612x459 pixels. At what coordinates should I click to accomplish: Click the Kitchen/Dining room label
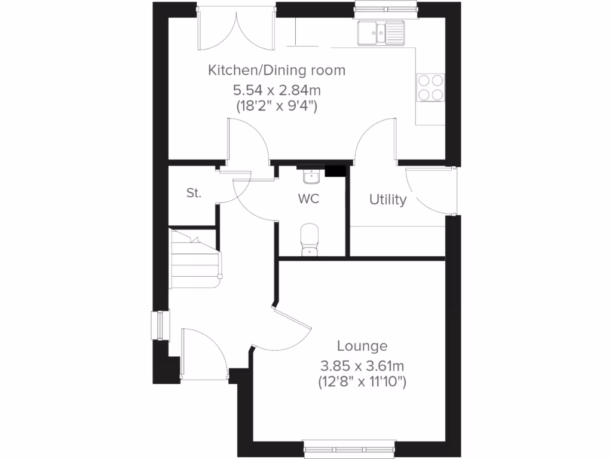277,71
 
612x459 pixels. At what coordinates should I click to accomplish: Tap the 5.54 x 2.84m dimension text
277,91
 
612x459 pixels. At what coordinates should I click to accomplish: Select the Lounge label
362,346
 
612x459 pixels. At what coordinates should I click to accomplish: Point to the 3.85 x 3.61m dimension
362,365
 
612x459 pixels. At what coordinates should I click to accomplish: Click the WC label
309,198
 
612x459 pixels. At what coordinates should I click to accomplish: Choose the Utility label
387,200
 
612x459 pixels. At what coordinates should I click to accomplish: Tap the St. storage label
194,193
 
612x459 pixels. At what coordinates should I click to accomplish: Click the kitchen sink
380,33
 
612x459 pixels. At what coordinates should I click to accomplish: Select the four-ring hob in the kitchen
430,88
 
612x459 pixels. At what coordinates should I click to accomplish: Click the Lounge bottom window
350,447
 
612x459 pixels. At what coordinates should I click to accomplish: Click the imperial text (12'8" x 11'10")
362,382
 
